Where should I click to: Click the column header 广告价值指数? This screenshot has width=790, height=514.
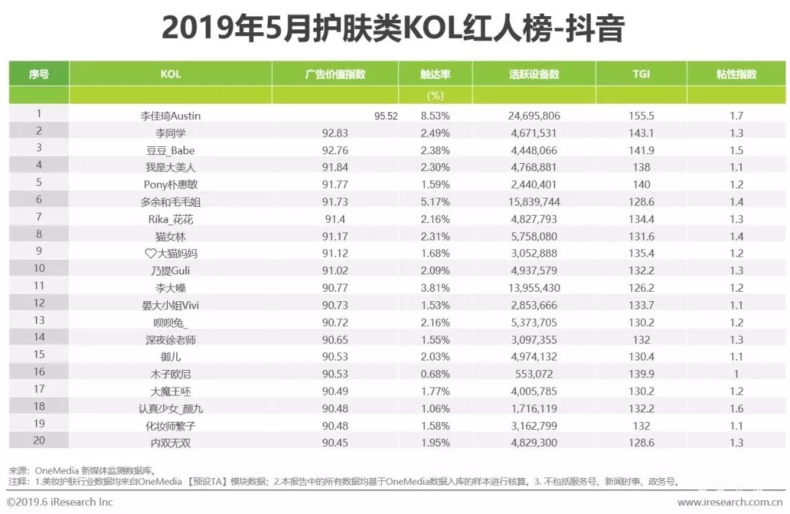click(x=335, y=74)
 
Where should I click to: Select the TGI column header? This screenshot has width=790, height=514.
click(x=641, y=74)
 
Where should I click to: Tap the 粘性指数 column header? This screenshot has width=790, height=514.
click(x=737, y=74)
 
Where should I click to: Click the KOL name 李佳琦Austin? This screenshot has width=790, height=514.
click(x=170, y=116)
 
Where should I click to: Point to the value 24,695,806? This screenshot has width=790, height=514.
click(x=534, y=116)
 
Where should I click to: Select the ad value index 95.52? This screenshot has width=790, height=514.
click(x=385, y=116)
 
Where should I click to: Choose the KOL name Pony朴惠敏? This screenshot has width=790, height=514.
click(x=170, y=184)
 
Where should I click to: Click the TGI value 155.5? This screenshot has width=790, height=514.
click(x=642, y=116)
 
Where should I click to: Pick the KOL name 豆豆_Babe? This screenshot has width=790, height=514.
click(x=170, y=150)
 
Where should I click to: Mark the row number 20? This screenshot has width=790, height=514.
click(x=39, y=440)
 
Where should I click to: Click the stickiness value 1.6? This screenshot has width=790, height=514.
click(x=736, y=408)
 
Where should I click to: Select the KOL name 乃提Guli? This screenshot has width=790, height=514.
click(x=170, y=271)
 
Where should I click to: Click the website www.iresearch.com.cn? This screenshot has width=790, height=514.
click(x=729, y=502)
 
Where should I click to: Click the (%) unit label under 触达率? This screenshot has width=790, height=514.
click(x=435, y=95)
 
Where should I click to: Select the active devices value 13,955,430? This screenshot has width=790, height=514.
click(x=534, y=287)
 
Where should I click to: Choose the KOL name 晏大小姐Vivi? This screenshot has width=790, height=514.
click(x=170, y=305)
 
